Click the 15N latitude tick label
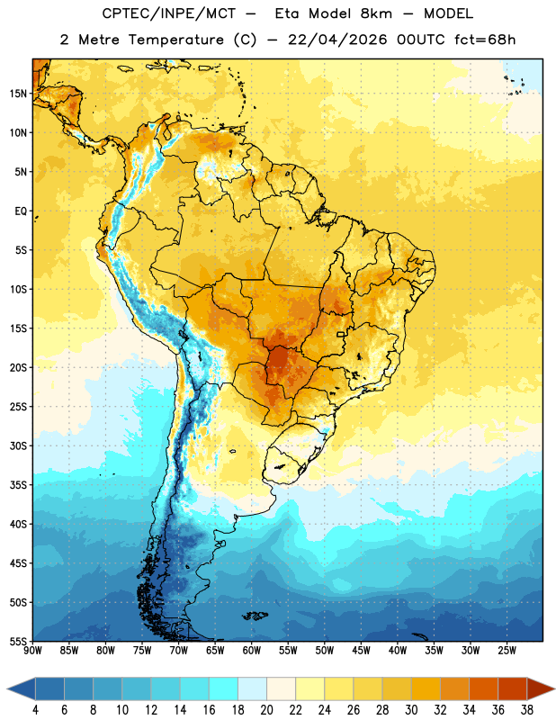18,94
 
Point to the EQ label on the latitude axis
21,211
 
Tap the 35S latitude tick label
18,485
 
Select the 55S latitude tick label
18,642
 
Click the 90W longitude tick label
32,651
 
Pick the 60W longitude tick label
252,651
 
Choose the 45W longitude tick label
361,651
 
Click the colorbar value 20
266,710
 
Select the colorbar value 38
527,710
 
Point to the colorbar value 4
35,710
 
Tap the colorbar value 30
411,710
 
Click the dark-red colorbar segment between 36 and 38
513,688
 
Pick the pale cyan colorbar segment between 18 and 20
252,688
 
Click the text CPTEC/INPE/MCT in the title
169,13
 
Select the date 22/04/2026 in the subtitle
337,40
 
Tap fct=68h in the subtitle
485,40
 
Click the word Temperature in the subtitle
175,40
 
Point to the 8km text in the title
376,13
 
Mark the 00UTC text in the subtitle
421,40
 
